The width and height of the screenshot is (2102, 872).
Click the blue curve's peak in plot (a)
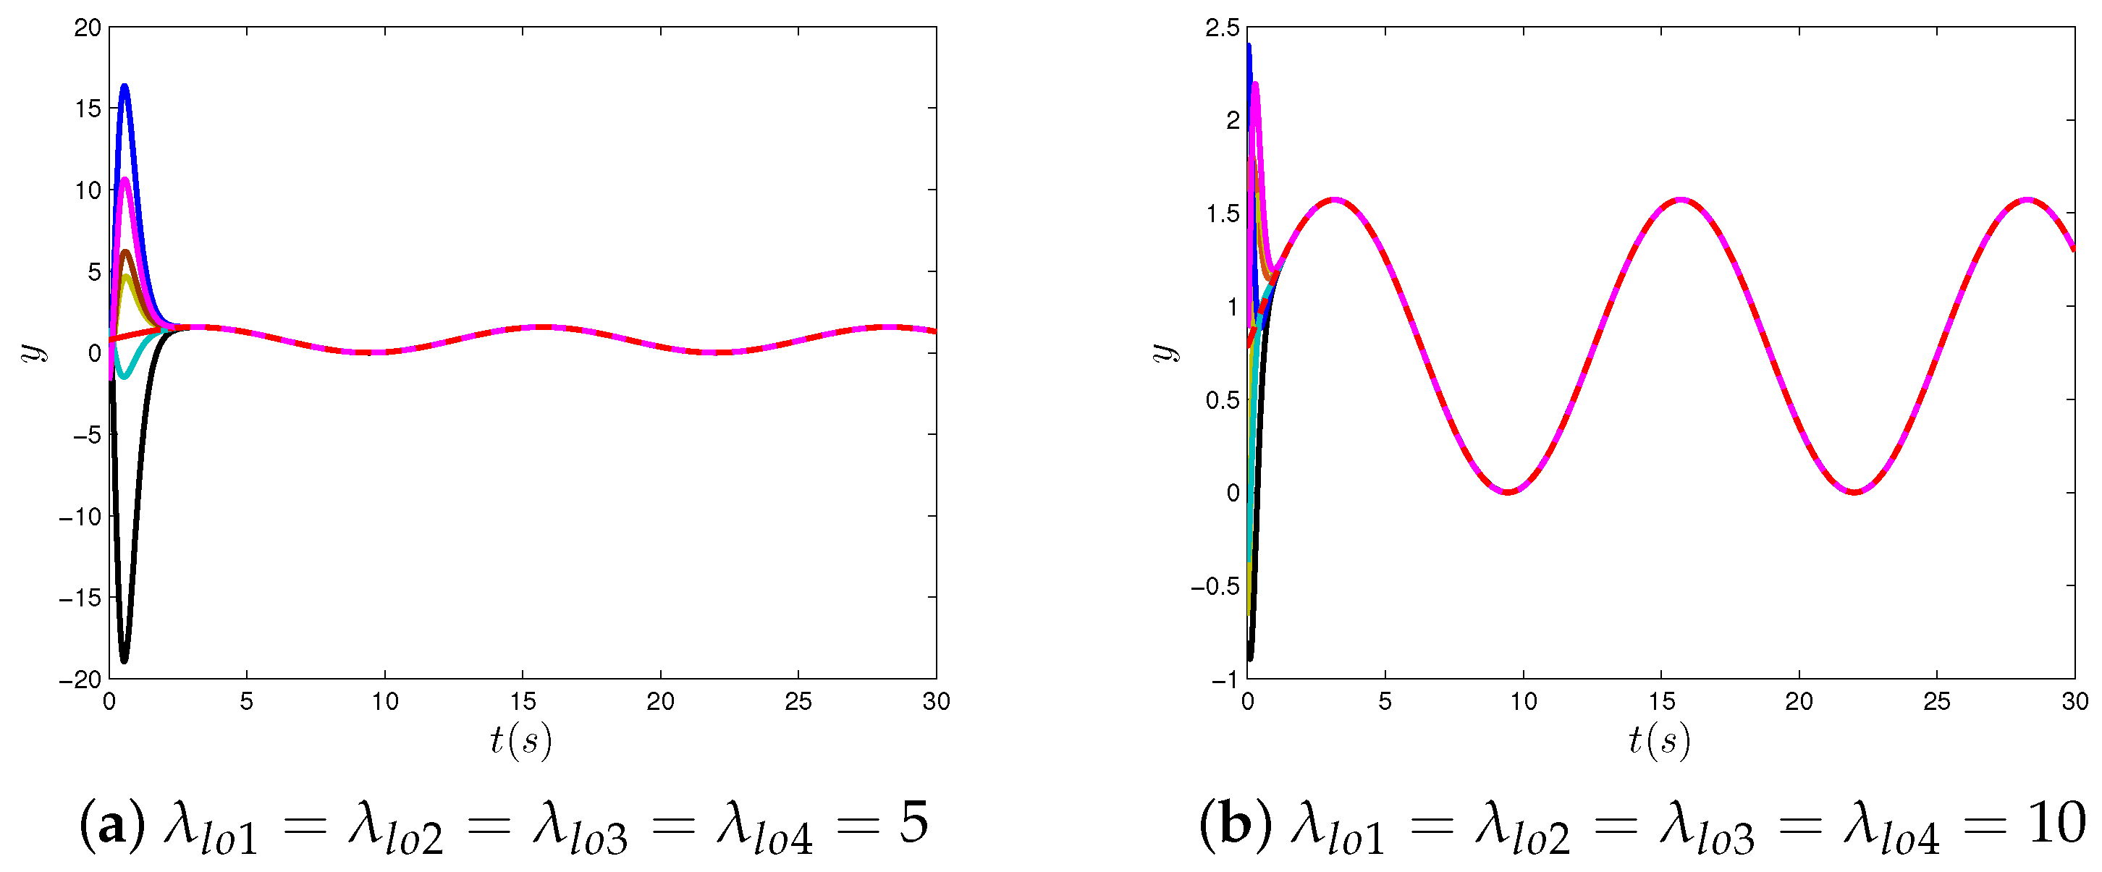pos(124,85)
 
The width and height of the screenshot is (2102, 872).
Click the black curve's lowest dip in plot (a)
pos(124,660)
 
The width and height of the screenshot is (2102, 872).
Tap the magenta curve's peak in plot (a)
pos(124,179)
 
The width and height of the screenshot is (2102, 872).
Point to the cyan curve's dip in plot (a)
pos(124,376)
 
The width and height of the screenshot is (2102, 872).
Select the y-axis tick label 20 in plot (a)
pos(88,27)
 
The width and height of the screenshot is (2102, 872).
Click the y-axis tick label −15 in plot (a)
pos(81,598)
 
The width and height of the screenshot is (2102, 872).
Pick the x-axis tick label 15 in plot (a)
pos(523,701)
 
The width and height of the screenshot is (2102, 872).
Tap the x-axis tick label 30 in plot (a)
pos(936,701)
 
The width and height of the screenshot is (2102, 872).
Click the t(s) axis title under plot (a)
pos(520,741)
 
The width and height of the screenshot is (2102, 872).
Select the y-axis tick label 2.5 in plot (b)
pos(1222,27)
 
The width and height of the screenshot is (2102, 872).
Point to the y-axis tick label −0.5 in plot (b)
pos(1215,585)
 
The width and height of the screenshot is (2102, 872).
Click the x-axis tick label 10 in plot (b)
pos(1523,701)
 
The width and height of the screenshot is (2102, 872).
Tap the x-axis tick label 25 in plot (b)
pos(1936,701)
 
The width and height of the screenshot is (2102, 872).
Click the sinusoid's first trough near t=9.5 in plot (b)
pos(1508,492)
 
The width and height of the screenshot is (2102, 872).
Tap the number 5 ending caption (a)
pos(914,824)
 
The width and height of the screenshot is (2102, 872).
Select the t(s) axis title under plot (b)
pos(1659,741)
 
